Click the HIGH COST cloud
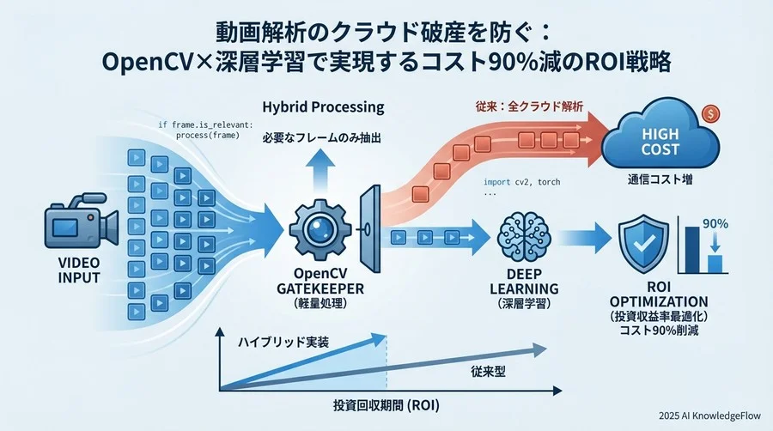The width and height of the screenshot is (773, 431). [661, 142]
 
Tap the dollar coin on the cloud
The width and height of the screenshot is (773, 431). [710, 112]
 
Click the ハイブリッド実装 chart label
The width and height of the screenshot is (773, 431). [283, 342]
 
